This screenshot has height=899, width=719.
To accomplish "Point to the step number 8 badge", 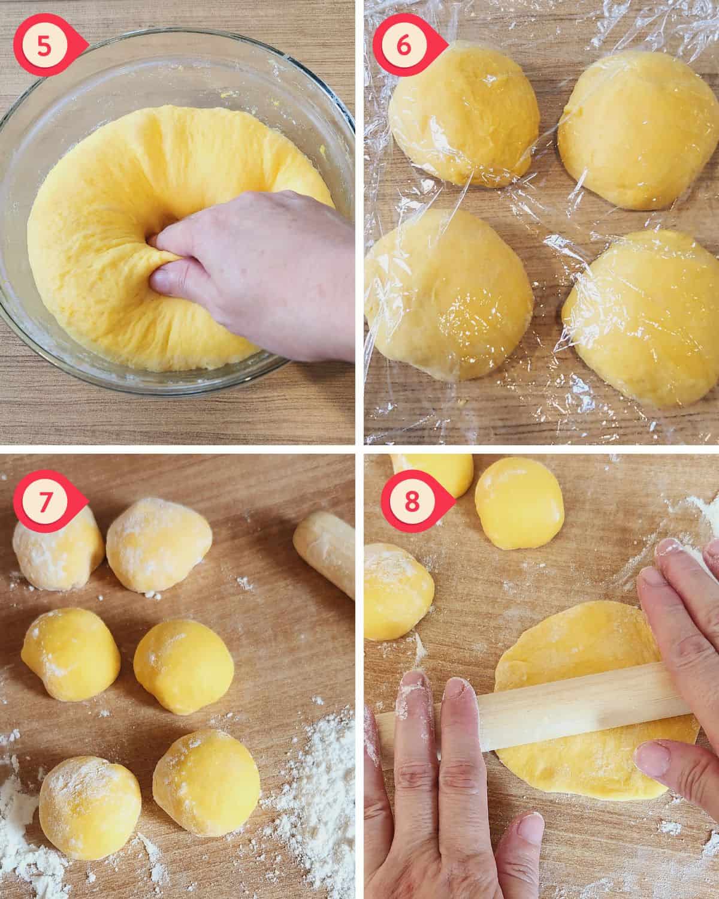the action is [x=413, y=501].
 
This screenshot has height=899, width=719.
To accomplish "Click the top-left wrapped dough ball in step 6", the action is [x=464, y=113].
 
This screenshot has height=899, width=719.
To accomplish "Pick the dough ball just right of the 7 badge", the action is [x=159, y=545].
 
